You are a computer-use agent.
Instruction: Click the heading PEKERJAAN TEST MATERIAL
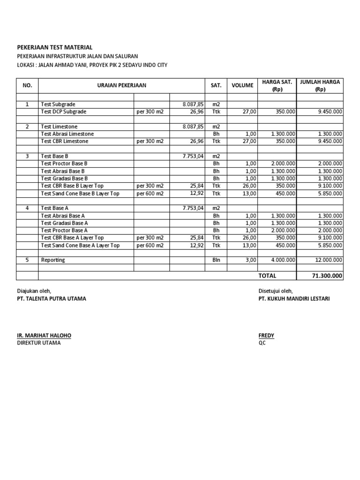(55, 47)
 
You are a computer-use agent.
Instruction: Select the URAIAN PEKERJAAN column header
(121, 85)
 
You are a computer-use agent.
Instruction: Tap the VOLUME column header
(242, 85)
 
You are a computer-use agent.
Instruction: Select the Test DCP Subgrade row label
(64, 112)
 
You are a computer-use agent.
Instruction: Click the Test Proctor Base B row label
(64, 164)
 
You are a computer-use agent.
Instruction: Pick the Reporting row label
(53, 260)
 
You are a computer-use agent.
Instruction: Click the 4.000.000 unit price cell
(283, 260)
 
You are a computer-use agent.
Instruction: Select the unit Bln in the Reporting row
(216, 260)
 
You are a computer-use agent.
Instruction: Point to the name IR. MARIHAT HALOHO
(44, 336)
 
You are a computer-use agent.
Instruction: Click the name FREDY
(266, 336)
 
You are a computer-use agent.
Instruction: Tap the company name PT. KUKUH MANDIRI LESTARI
(294, 299)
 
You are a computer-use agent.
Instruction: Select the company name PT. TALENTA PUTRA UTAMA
(52, 299)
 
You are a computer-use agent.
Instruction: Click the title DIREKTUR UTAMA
(39, 343)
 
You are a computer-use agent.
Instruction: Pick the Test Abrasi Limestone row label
(67, 134)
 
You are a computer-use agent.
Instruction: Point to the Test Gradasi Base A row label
(65, 223)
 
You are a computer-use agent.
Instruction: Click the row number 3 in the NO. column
(27, 156)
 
